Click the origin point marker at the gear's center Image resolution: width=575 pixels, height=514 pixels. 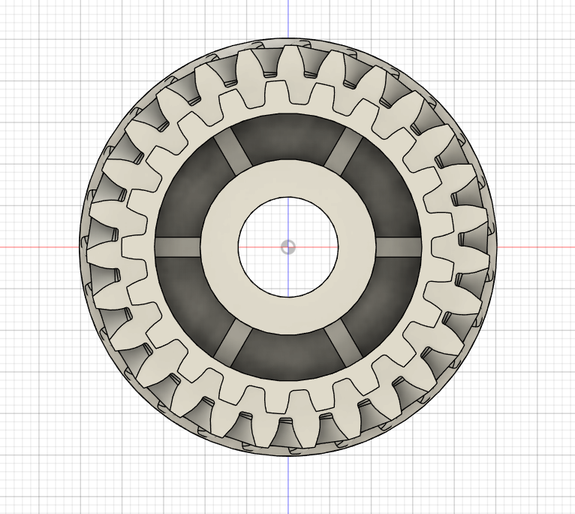click(288, 247)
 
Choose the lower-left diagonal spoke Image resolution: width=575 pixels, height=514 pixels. click(233, 343)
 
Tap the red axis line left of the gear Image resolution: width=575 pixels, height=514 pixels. click(38, 247)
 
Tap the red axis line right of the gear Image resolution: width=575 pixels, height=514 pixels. click(537, 247)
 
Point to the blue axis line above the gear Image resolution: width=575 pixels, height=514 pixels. click(288, 19)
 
